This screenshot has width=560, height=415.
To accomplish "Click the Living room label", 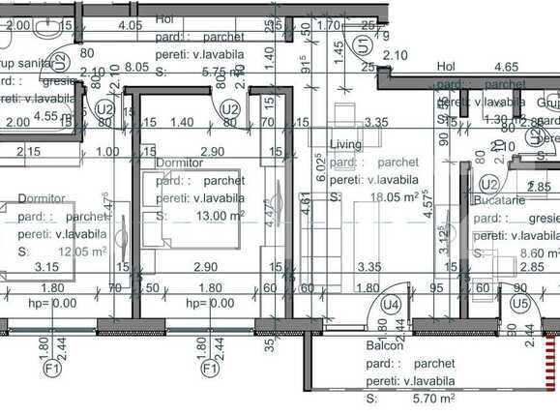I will [345, 145].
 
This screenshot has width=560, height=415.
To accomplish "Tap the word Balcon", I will [384, 346].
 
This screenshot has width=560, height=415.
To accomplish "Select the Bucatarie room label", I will [499, 200].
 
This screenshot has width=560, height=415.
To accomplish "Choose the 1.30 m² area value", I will [500, 120].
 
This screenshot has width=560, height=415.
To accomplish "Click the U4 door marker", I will [391, 305].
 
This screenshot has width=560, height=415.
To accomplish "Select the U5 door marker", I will [520, 305].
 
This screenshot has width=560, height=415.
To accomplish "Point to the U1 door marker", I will [363, 44].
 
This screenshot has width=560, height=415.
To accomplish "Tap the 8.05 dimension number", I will [135, 69].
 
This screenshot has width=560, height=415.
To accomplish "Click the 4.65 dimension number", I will [505, 68].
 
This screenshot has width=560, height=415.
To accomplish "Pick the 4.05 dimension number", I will [130, 25].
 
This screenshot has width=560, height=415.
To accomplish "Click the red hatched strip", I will [553, 371].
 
